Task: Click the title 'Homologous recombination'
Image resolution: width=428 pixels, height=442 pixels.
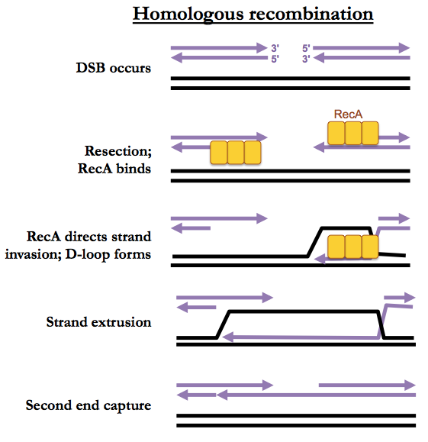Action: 253,14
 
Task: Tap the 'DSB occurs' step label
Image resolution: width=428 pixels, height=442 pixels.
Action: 114,68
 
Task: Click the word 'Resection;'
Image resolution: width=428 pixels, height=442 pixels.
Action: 118,151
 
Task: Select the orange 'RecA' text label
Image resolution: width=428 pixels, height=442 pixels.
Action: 348,115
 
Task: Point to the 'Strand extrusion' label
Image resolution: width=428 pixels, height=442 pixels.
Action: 98,322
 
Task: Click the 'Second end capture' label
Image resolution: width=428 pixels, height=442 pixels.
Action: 88,406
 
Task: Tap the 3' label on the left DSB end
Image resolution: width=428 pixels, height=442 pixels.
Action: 275,48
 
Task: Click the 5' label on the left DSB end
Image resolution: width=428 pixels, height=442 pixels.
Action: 275,59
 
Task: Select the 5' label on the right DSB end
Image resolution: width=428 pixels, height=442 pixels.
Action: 306,48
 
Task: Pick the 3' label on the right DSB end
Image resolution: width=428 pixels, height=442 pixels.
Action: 306,59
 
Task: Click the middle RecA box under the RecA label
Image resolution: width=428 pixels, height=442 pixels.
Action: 353,133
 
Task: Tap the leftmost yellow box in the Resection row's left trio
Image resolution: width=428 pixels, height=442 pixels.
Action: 219,153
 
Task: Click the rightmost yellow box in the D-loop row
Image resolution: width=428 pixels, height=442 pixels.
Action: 370,247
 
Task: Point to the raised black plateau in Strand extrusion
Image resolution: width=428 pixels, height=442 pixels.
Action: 304,311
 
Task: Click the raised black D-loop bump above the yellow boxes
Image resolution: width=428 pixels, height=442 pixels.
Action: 346,227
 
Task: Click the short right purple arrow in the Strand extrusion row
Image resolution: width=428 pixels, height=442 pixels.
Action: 400,298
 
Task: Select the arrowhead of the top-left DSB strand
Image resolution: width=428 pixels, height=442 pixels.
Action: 262,48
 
